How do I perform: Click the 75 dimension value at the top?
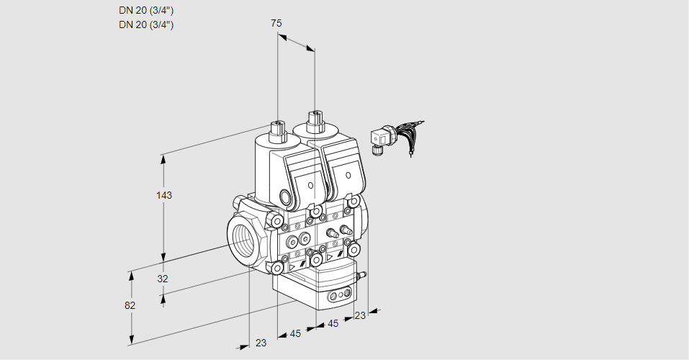click(276, 24)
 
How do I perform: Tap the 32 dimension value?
click(162, 279)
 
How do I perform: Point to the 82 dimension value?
click(130, 305)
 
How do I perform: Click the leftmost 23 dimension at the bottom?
click(261, 343)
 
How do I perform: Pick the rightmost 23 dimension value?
click(360, 315)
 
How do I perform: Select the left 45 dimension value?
click(295, 333)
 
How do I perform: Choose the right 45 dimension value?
click(333, 323)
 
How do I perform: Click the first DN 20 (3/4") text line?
click(146, 10)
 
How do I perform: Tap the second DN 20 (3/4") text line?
click(146, 24)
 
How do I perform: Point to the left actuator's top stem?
click(277, 131)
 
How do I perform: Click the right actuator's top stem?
click(314, 120)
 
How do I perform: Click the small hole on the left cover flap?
click(311, 186)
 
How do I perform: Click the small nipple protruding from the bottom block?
click(363, 274)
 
